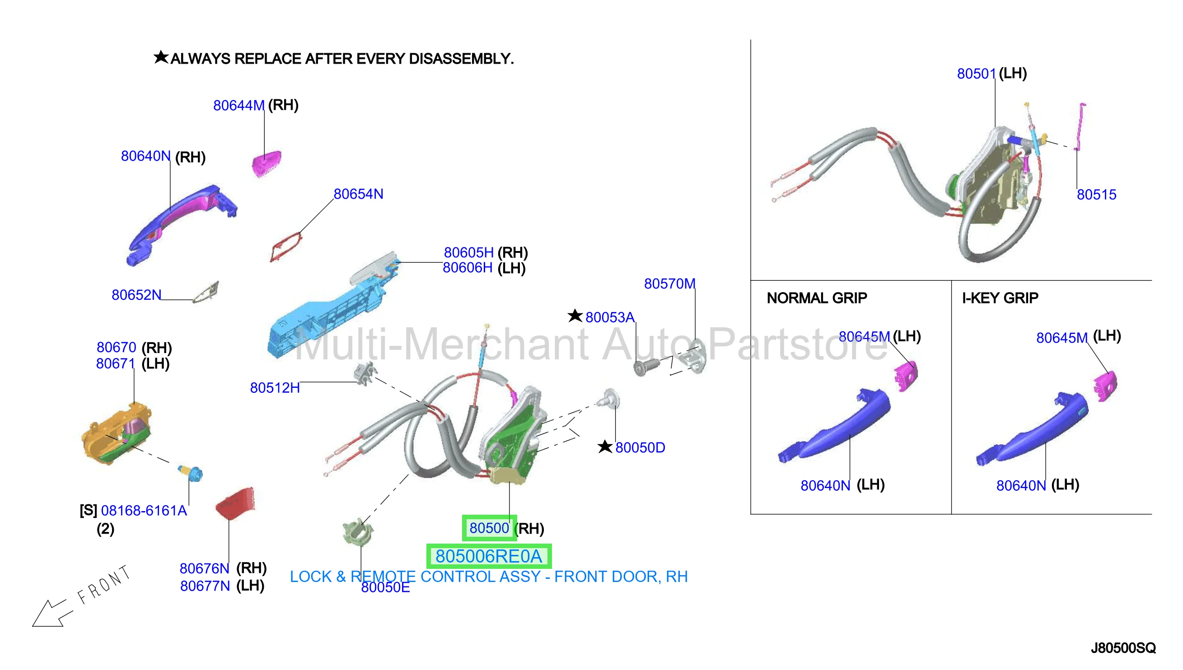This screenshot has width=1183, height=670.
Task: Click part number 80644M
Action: [238, 105]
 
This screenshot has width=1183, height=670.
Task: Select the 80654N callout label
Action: [358, 194]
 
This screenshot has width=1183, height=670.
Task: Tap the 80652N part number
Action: [136, 294]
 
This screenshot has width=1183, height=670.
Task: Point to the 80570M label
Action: [669, 284]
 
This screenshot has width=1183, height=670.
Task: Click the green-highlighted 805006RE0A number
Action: [489, 556]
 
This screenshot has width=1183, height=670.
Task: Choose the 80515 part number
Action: [1096, 194]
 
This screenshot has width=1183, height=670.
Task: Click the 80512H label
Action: [275, 387]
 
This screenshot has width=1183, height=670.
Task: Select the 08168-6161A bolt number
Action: [144, 510]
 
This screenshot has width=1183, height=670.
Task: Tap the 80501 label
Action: [976, 74]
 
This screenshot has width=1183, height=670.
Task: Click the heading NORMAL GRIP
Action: [817, 298]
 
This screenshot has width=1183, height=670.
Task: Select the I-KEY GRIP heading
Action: [1000, 298]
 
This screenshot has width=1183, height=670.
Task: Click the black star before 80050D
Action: [605, 447]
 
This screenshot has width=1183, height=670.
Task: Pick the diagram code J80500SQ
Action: [1123, 648]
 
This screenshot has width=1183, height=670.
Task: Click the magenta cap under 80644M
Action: [267, 163]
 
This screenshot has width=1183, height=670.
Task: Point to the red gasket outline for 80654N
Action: [286, 247]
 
